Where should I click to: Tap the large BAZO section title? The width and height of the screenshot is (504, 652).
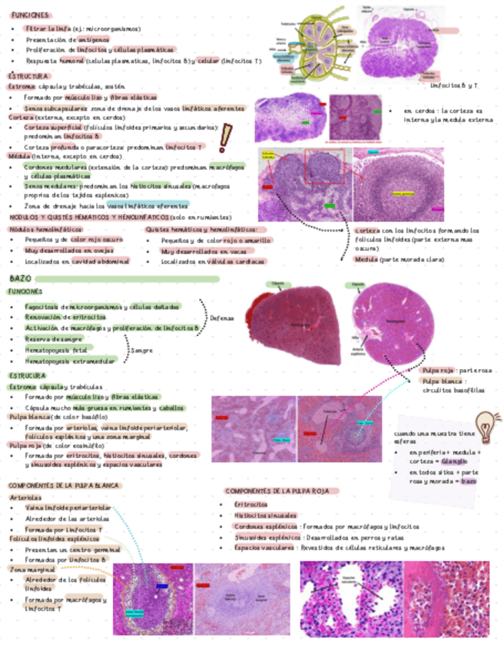21,278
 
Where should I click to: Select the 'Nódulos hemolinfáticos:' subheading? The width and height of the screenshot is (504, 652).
45,229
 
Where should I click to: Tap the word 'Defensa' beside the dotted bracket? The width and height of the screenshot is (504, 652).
223,317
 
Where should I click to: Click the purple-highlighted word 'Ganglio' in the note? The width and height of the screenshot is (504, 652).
454,461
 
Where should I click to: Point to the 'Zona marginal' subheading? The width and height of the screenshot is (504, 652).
27,570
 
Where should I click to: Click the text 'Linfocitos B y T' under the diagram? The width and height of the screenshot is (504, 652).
453,85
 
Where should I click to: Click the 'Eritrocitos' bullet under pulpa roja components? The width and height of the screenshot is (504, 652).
251,504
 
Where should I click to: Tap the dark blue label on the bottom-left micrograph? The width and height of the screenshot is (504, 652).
162,585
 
